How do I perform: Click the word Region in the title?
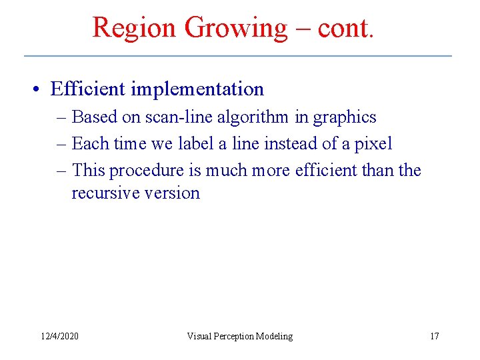[x=134, y=27]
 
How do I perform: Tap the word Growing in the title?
[x=235, y=27]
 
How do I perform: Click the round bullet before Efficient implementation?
[x=40, y=89]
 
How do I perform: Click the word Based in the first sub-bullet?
[x=93, y=117]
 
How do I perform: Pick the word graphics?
[x=344, y=117]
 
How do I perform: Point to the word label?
[x=194, y=143]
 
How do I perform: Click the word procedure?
[x=145, y=171]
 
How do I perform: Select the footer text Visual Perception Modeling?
[x=239, y=336]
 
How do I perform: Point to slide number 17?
[x=434, y=336]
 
